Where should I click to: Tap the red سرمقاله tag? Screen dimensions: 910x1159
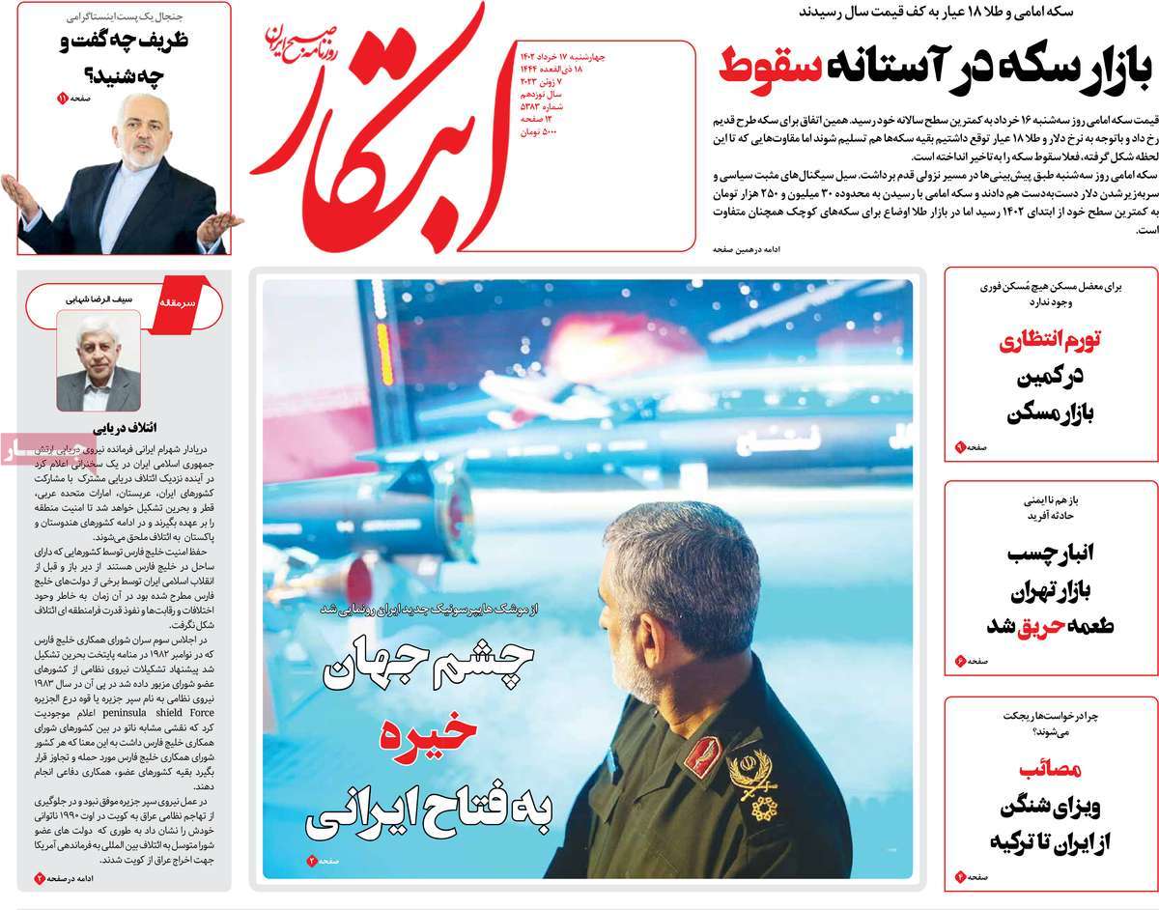point(184,302)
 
